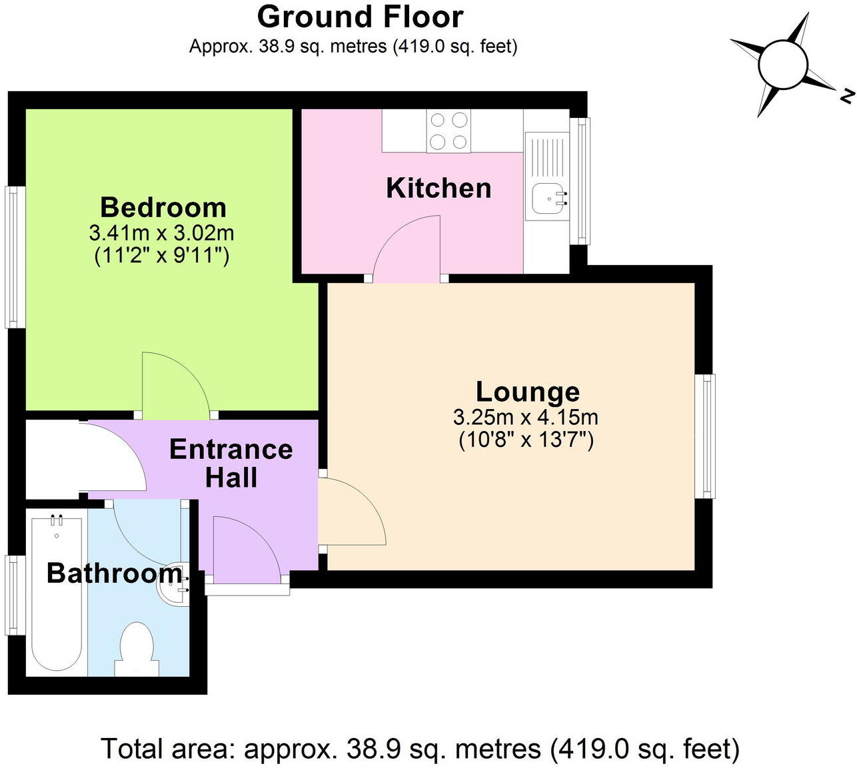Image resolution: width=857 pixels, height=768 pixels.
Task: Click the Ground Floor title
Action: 360,17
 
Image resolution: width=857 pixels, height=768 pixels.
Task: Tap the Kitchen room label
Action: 438,188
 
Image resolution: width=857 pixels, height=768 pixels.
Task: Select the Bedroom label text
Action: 163,207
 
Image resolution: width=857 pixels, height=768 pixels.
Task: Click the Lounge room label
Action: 527,392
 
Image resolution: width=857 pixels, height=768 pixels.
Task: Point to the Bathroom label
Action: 114,573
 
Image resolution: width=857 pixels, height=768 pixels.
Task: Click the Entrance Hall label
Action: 231,464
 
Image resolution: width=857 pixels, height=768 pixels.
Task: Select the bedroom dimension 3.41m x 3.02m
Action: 161,233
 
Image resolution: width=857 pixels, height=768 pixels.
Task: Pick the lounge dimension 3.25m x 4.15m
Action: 526,418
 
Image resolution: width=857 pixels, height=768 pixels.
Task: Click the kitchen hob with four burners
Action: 448,131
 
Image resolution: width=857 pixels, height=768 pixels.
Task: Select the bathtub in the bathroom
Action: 57,593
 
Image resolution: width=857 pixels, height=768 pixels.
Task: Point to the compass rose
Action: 782,65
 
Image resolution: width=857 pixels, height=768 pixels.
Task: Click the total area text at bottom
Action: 420,749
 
